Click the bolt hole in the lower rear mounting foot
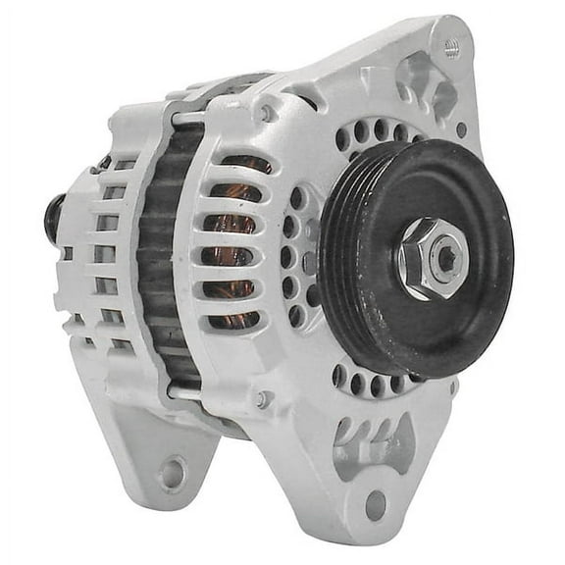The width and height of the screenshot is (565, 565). click(x=172, y=474)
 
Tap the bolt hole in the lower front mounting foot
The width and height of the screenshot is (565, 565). click(x=376, y=505)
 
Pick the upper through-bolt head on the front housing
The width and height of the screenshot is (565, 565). click(x=266, y=115)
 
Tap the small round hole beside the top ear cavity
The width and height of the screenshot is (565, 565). click(x=461, y=128)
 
